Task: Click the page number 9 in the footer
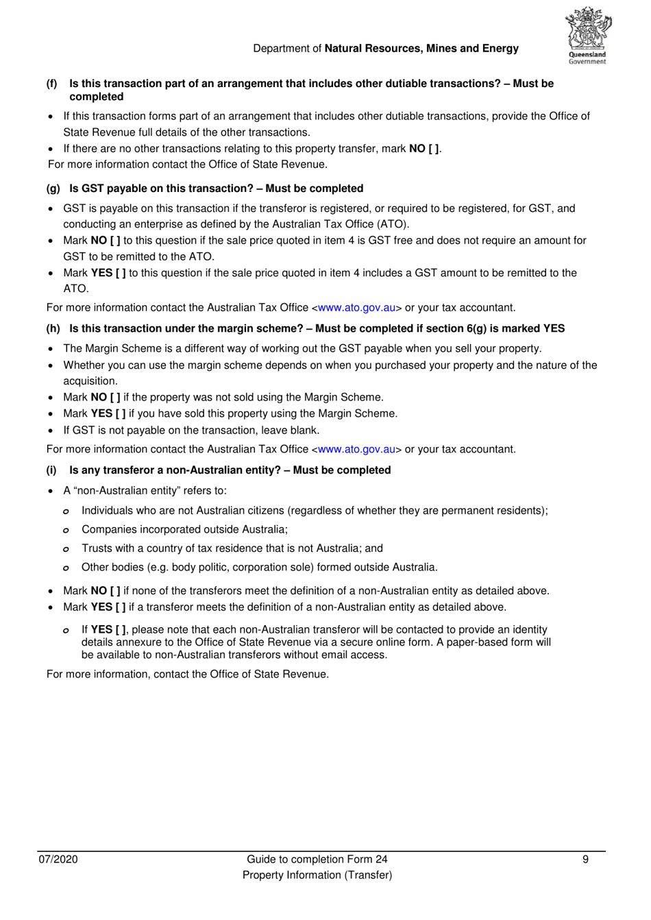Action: [585, 860]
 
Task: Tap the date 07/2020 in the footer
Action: [58, 860]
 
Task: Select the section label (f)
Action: [52, 84]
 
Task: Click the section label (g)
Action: [53, 189]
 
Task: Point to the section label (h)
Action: [53, 328]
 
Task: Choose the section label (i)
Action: [51, 470]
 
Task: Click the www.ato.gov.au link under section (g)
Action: [356, 308]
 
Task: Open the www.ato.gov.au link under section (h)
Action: [356, 450]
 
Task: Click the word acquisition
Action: [90, 381]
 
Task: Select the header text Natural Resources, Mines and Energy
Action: [421, 49]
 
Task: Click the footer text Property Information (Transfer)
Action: [317, 875]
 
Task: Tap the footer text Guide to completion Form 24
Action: [317, 860]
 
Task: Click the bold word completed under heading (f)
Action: [97, 97]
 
